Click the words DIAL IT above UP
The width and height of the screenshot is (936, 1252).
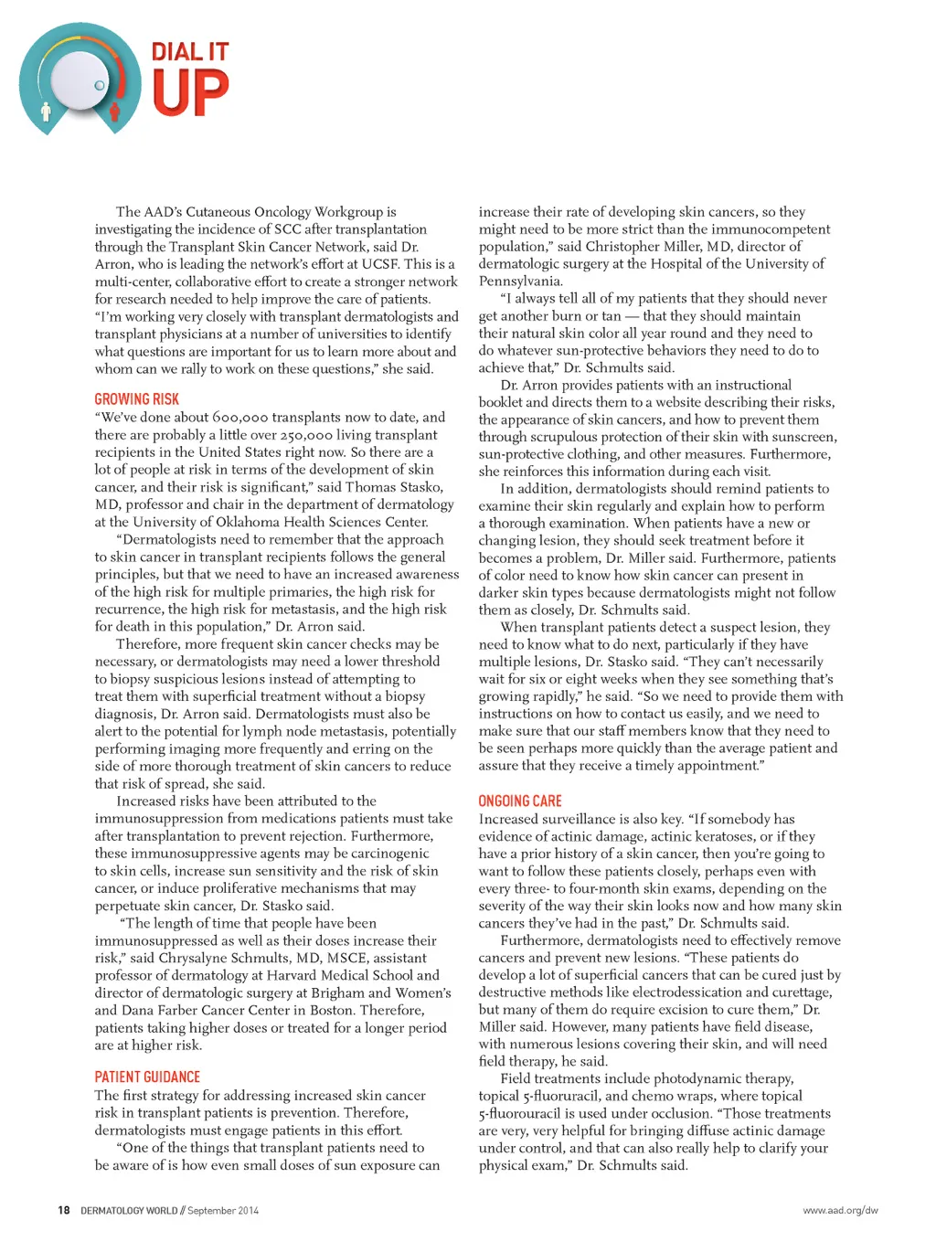[190, 52]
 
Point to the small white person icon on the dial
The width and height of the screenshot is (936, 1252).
[47, 112]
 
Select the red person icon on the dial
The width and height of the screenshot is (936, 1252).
[115, 111]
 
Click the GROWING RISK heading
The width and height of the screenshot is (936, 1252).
[137, 399]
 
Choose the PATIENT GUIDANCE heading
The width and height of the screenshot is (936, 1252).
[147, 1077]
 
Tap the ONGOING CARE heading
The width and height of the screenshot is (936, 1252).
[520, 801]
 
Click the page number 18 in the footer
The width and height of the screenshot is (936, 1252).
[63, 1210]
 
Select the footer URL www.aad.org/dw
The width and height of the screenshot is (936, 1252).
[840, 1210]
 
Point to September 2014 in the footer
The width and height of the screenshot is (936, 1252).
[223, 1210]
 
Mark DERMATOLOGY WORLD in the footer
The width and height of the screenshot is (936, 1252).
[129, 1210]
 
